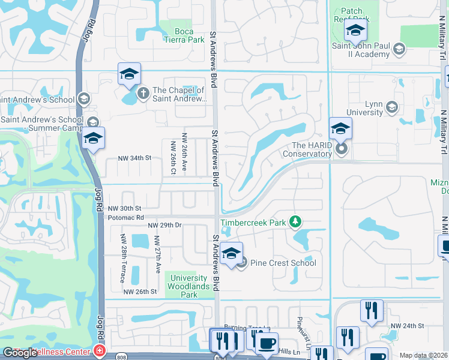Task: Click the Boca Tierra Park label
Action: pos(184,35)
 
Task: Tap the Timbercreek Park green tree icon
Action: pos(295,223)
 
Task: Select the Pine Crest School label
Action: pos(283,263)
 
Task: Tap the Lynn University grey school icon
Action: pos(392,107)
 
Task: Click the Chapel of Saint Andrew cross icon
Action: pos(143,92)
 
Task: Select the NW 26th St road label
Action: pos(140,292)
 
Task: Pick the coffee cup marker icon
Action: pos(267,344)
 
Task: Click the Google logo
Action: pos(20,353)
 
